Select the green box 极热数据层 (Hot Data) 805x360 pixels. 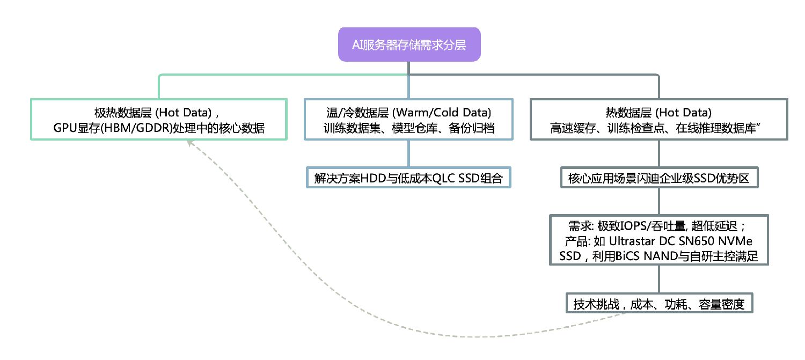click(158, 120)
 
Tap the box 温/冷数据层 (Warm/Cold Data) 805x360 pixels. click(408, 120)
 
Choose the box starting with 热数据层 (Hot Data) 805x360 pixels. click(658, 120)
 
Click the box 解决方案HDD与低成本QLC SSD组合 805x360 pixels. click(408, 178)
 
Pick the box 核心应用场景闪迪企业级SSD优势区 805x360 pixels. click(658, 178)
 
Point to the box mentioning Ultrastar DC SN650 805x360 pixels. click(658, 240)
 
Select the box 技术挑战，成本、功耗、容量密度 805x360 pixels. click(658, 304)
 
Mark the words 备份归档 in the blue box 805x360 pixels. click(474, 129)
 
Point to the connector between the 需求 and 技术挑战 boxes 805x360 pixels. click(658, 279)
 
